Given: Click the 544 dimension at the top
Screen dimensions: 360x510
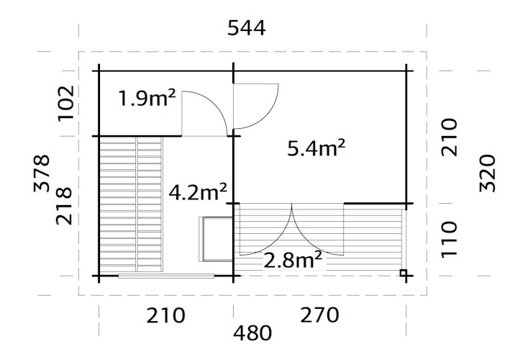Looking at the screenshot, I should (x=247, y=28).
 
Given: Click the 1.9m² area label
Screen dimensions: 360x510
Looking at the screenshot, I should (x=147, y=99).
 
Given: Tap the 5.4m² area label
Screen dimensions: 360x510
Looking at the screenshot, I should (x=317, y=149).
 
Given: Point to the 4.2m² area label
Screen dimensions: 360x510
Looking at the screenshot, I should (x=198, y=192).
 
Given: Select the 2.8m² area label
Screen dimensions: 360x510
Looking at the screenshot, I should (x=292, y=260).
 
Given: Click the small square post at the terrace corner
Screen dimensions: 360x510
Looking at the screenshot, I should (x=404, y=273).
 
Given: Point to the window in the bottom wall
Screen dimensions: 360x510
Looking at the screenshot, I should (x=168, y=276).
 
